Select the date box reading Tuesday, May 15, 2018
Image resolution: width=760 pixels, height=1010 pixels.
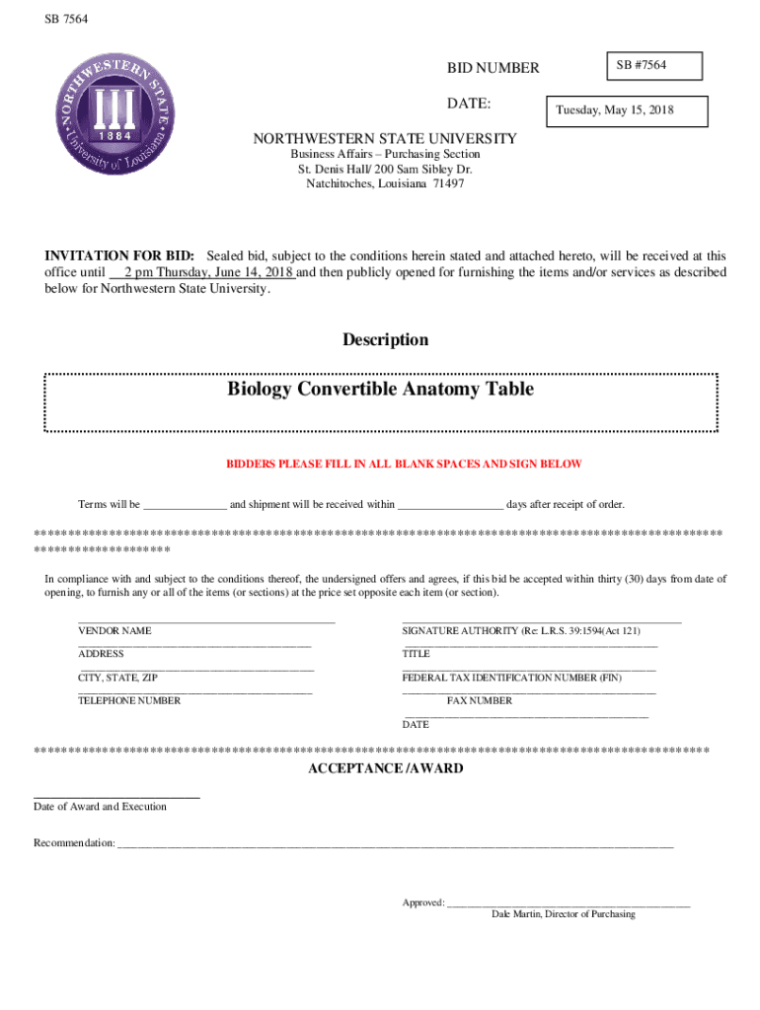(627, 110)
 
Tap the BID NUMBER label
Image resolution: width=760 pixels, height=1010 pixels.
(494, 68)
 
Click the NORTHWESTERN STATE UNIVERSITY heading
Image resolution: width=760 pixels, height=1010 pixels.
(384, 139)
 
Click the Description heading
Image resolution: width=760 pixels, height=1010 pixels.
(385, 340)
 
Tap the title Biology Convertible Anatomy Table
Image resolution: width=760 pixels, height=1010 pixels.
(380, 389)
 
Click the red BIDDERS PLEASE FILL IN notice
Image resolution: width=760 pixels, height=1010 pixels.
(404, 464)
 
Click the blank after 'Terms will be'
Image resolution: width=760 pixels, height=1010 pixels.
(186, 505)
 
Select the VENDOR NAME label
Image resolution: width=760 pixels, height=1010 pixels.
(114, 630)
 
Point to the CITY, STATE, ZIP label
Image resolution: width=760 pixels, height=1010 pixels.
(117, 679)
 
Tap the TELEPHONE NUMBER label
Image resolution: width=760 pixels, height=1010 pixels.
(129, 701)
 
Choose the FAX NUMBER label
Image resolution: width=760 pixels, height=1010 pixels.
(479, 701)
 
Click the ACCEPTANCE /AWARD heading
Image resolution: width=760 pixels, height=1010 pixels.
(385, 768)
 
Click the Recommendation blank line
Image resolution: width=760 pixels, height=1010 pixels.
(395, 844)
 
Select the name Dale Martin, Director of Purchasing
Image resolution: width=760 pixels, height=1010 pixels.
(563, 914)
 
